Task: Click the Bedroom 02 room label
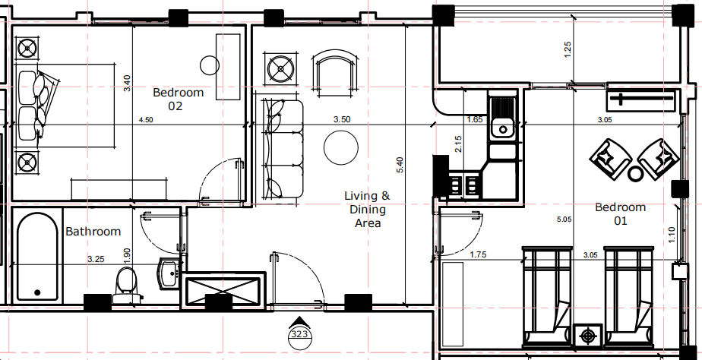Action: [179, 99]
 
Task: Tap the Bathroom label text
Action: [93, 232]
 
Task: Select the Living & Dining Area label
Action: [367, 209]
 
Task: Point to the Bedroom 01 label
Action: [620, 213]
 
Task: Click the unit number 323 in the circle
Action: [299, 334]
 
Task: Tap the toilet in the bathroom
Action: [127, 286]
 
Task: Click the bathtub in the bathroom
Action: [38, 257]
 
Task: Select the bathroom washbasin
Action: [170, 272]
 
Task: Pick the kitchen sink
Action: [503, 117]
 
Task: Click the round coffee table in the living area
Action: [340, 148]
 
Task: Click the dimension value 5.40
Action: [400, 165]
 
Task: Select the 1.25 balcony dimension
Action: [568, 49]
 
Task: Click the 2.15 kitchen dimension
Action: [458, 144]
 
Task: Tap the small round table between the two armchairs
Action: [635, 174]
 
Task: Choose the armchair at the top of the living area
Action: [335, 74]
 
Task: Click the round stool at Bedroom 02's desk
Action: [210, 65]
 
